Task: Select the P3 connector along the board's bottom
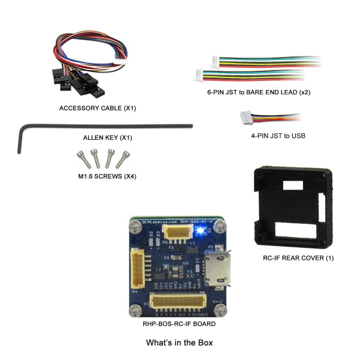tap(178, 301)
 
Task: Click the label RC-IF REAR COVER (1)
tap(298, 257)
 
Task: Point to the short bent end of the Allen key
tap(21, 139)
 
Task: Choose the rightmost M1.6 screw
tap(122, 158)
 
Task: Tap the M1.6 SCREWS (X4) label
tap(101, 176)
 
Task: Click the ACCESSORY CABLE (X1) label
tap(89, 108)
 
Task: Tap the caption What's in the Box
tap(179, 343)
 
